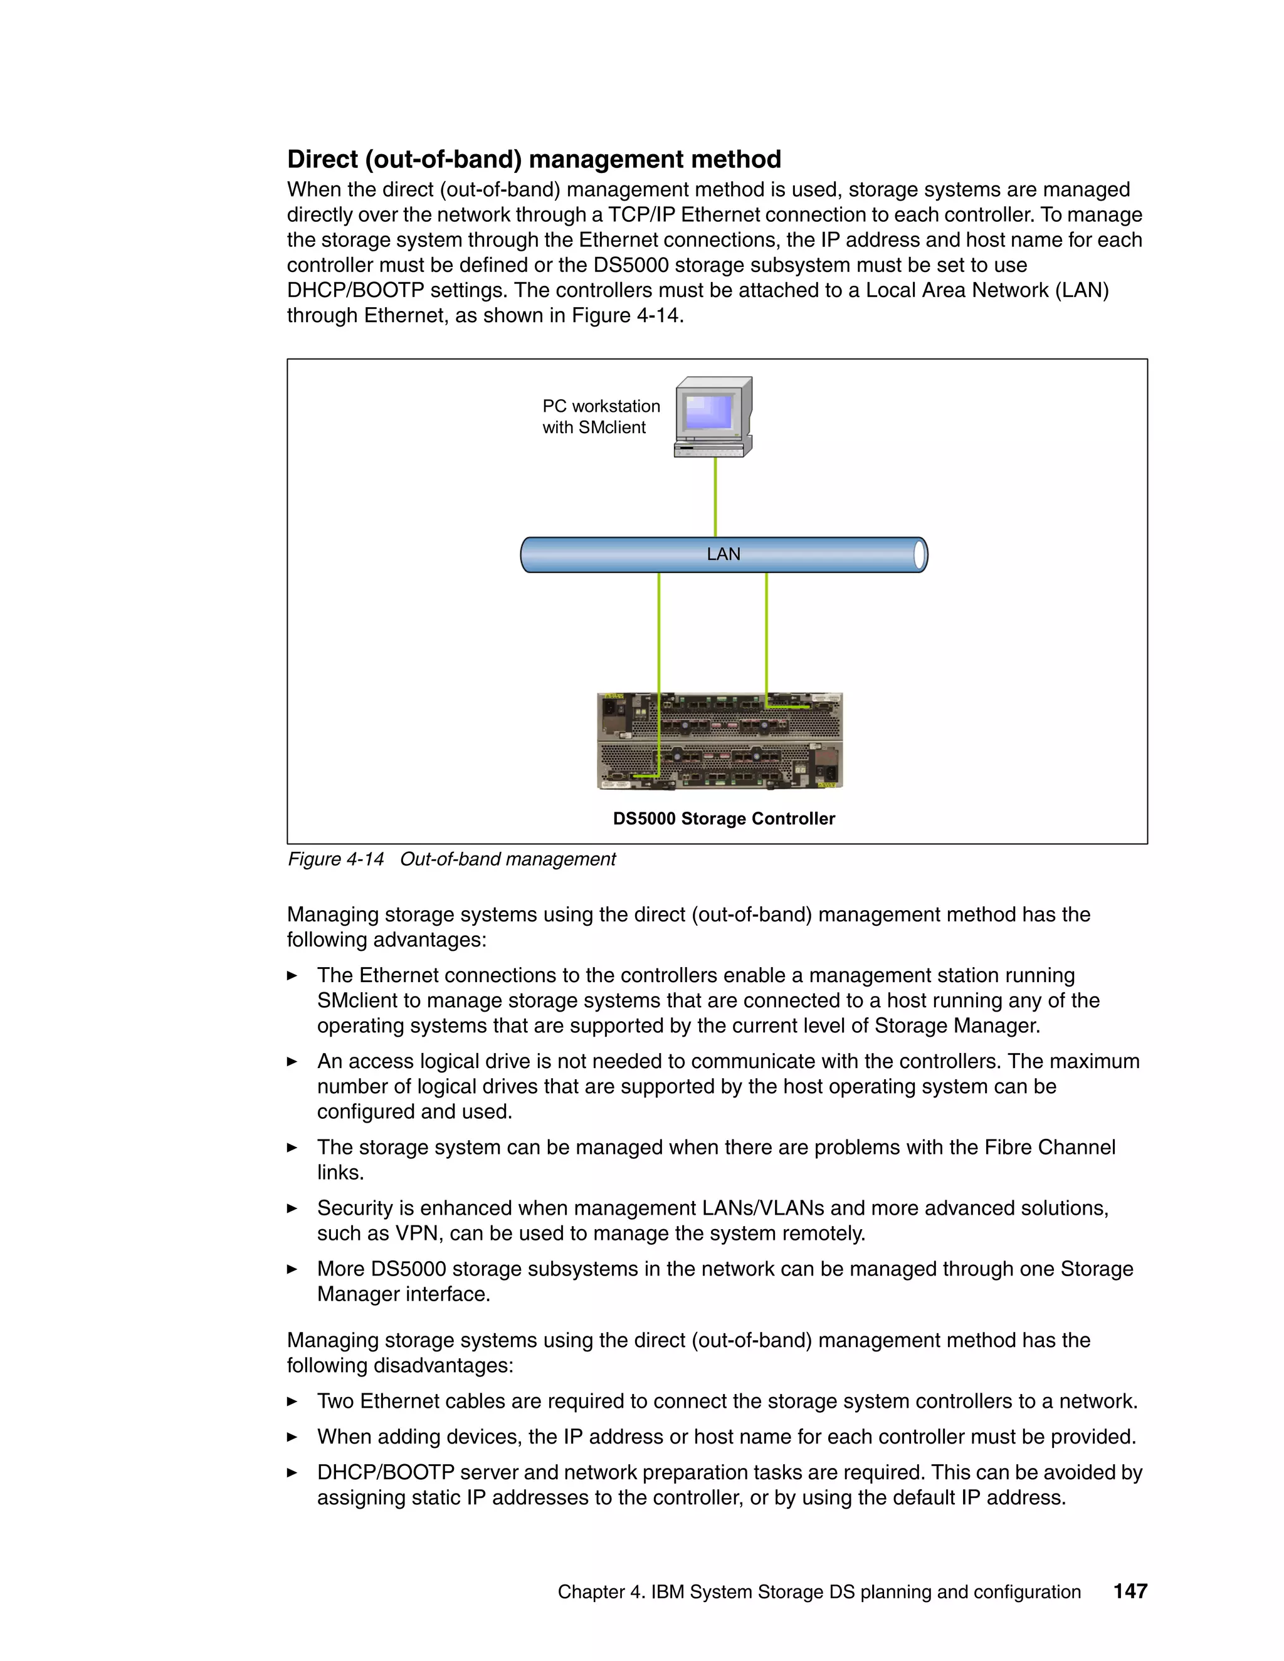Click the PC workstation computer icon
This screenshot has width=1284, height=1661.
point(713,417)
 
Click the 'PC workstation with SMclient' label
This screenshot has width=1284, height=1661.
point(600,417)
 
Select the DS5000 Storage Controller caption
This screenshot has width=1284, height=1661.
point(724,819)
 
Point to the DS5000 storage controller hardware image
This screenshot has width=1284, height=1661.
point(720,741)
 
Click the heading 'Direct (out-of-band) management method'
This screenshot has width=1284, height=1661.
point(534,159)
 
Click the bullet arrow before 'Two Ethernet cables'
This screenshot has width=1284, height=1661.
point(292,1401)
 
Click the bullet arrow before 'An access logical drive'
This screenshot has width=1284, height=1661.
point(292,1061)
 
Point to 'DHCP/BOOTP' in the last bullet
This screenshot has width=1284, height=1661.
point(385,1472)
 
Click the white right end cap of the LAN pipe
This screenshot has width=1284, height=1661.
point(920,555)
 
